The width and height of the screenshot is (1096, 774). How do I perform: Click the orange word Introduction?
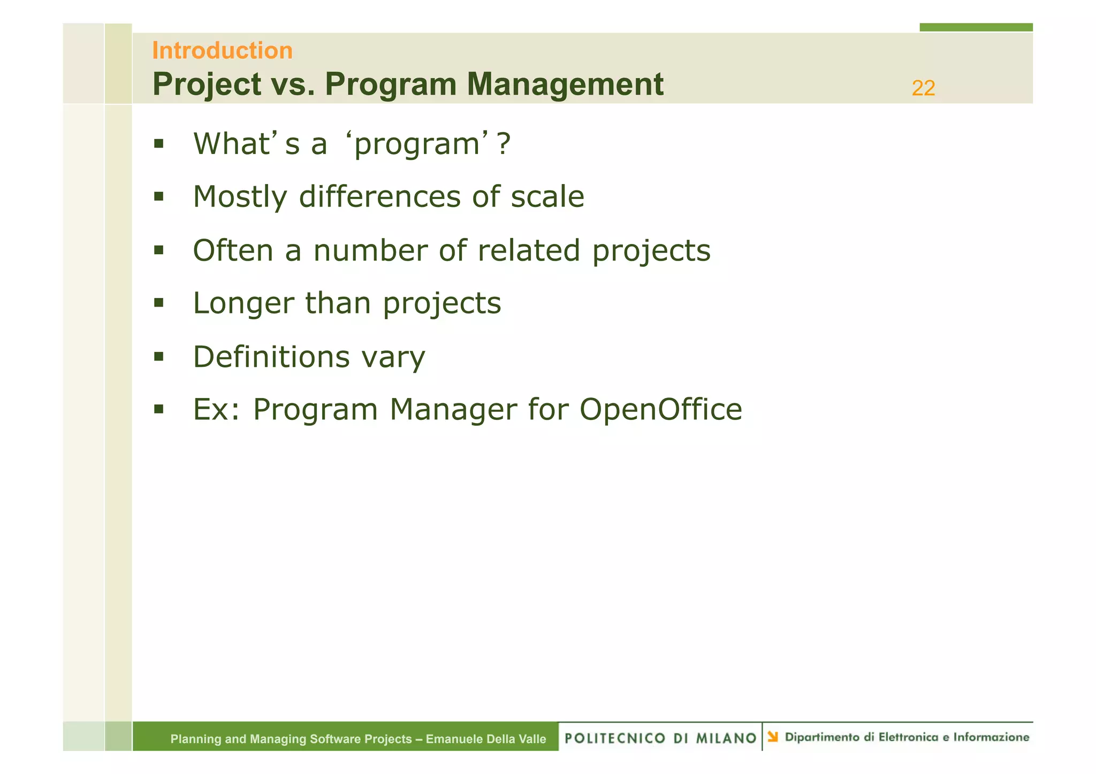point(222,51)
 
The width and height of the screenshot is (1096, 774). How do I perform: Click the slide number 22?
point(923,88)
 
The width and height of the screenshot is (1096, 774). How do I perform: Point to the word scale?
point(547,197)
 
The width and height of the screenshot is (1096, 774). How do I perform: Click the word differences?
point(379,197)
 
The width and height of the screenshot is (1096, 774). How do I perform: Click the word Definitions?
point(271,357)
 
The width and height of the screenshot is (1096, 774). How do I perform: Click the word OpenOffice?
point(660,410)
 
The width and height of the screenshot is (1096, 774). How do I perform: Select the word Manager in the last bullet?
point(453,410)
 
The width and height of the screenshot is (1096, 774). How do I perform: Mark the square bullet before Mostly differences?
point(158,196)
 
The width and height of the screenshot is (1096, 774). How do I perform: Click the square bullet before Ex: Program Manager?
point(158,409)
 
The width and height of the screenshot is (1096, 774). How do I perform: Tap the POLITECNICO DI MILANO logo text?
point(660,738)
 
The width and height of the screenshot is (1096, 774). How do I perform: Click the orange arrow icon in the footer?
point(772,737)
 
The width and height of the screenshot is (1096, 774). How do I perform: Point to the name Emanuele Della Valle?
point(485,739)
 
